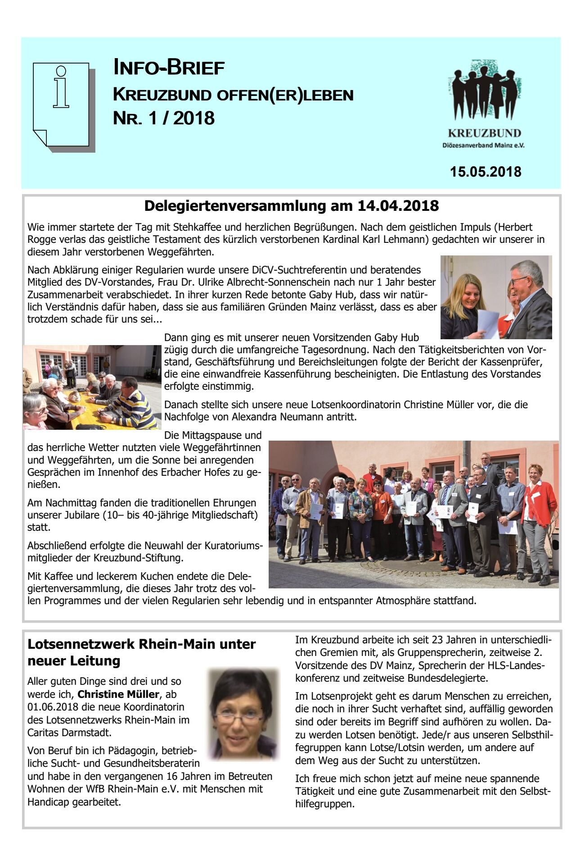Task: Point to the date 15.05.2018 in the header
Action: pyautogui.click(x=486, y=172)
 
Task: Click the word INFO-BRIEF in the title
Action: pyautogui.click(x=169, y=68)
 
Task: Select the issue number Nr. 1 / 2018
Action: pyautogui.click(x=164, y=118)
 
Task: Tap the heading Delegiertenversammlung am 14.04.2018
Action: pyautogui.click(x=291, y=206)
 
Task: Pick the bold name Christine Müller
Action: pyautogui.click(x=118, y=694)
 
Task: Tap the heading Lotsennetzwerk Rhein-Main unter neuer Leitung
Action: pyautogui.click(x=141, y=652)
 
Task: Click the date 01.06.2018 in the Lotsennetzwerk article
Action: pyautogui.click(x=53, y=707)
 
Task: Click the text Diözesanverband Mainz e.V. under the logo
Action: pyautogui.click(x=483, y=146)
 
